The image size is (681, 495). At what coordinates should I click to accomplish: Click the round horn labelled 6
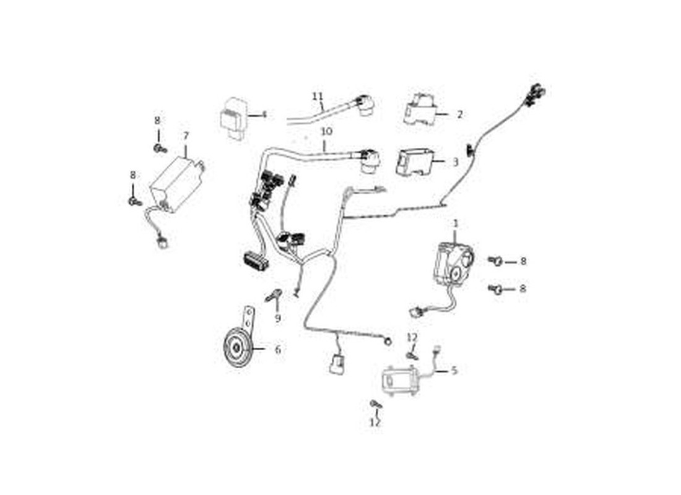coord(236,348)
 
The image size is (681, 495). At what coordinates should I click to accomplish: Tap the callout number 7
coord(186,136)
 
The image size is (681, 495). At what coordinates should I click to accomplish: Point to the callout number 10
coord(327,131)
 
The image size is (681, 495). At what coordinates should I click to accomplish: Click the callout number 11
coord(318,95)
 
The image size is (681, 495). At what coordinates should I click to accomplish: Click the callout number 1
coord(456,223)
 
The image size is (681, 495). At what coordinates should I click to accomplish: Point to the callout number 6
coord(278,349)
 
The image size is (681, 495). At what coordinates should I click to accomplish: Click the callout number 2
coord(460,114)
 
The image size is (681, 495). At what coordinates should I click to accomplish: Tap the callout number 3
coord(455,162)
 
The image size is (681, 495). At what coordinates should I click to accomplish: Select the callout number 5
coord(454,371)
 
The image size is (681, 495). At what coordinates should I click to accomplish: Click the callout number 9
coord(277,318)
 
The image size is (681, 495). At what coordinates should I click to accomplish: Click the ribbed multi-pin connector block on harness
coord(256,260)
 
